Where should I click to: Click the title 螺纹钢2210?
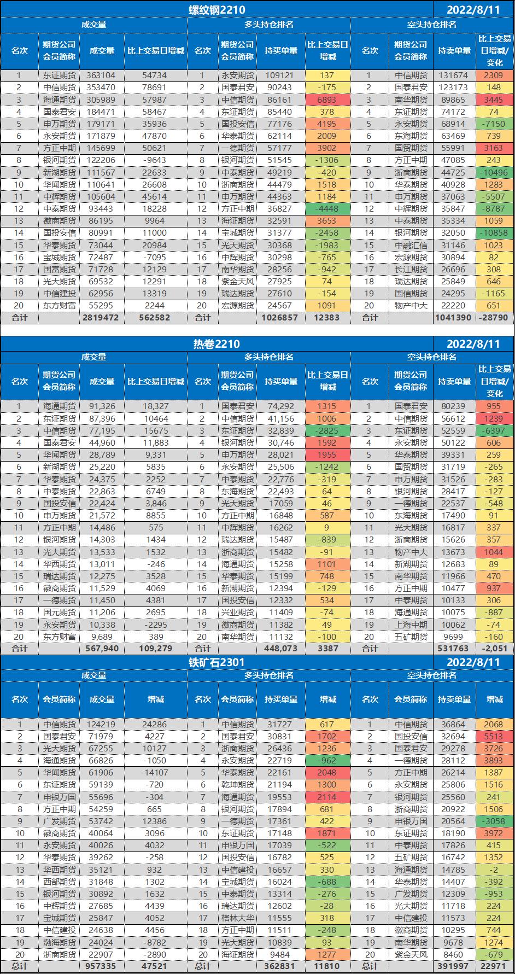pos(216,9)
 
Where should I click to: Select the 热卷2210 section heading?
pos(216,343)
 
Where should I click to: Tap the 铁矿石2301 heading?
pos(216,662)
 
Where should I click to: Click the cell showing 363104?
pos(102,75)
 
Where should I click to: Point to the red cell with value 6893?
pos(327,100)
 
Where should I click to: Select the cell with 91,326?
pos(102,406)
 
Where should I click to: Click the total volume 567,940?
pos(102,649)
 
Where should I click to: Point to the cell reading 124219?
pos(102,725)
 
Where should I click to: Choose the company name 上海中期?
pos(411,625)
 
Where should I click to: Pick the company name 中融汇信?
pos(411,245)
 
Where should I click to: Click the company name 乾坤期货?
pos(237,785)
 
